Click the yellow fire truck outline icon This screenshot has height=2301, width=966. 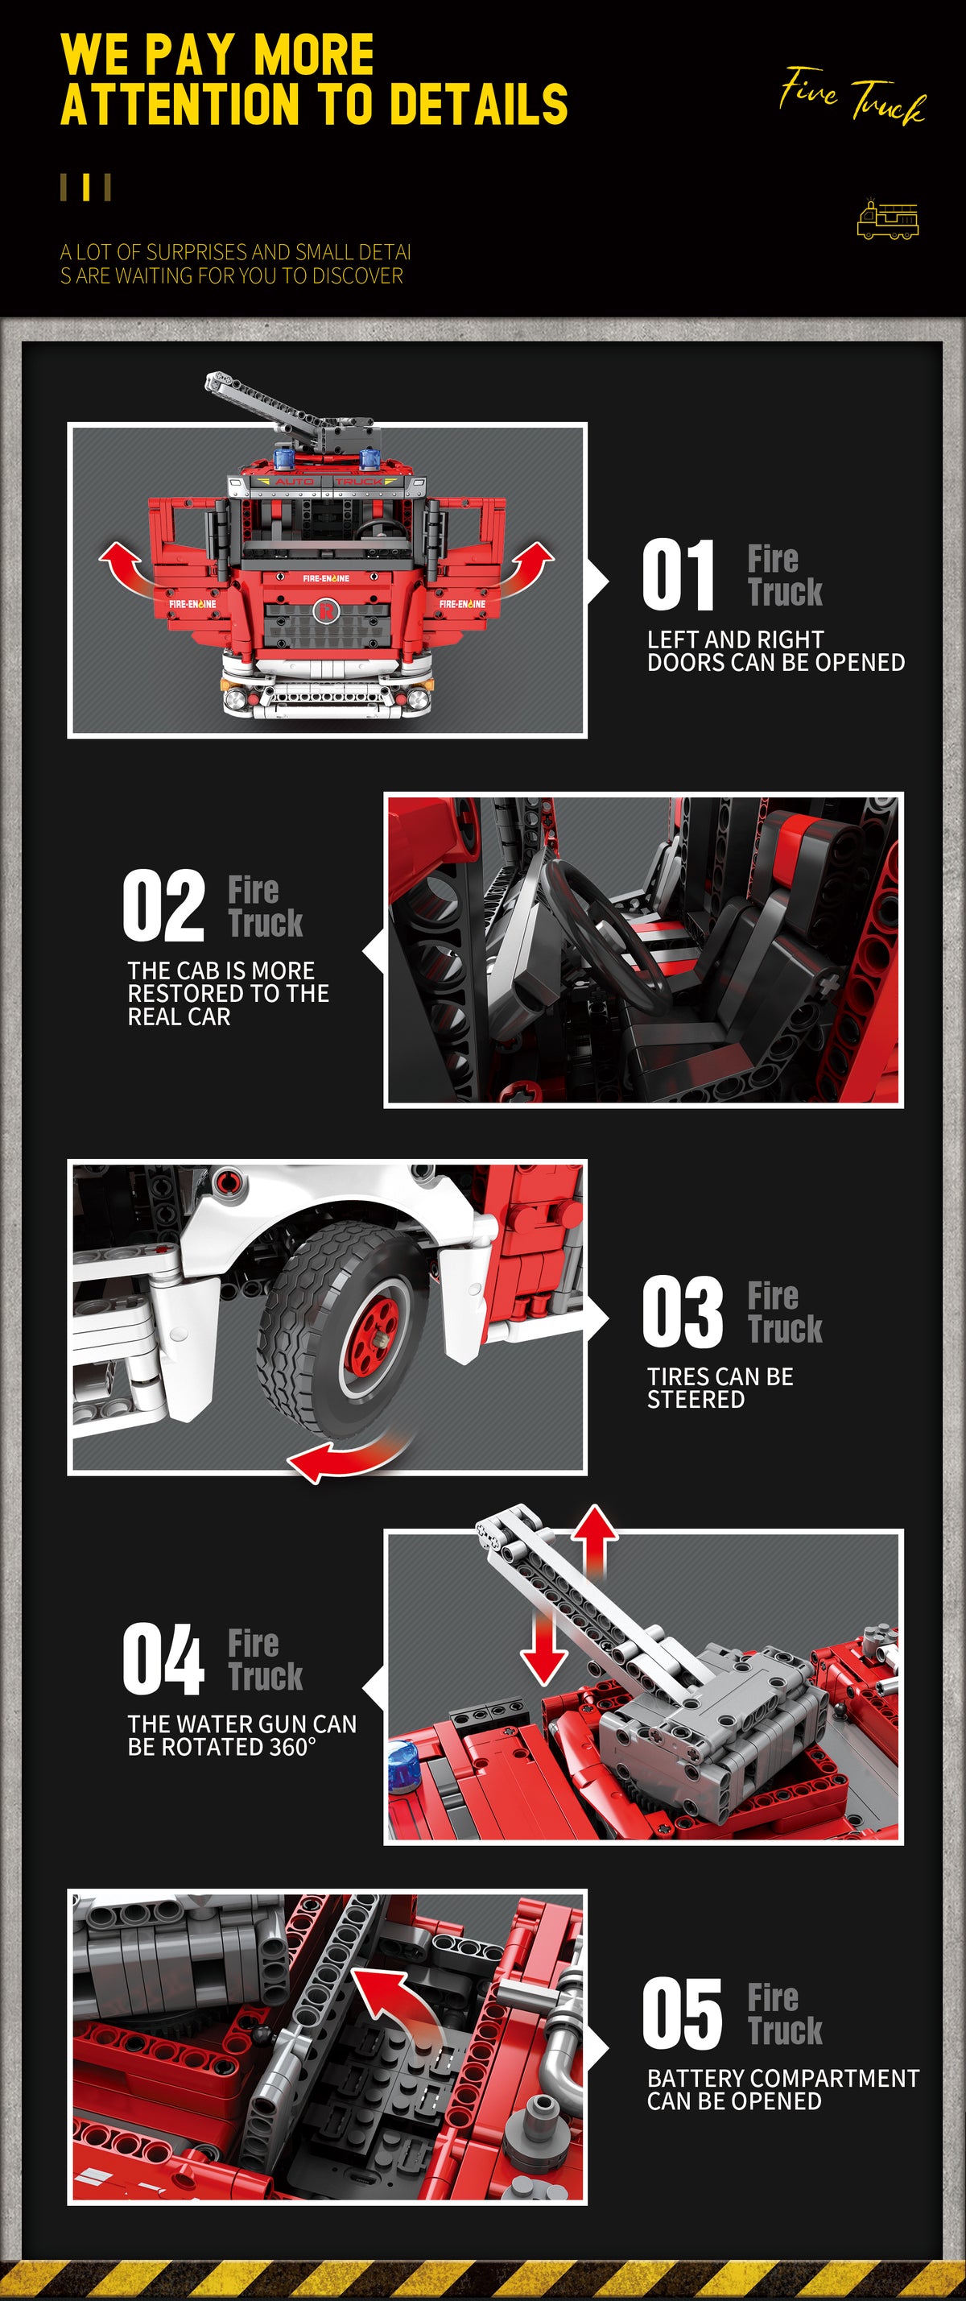coord(887,220)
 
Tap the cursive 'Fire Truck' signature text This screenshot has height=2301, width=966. coord(852,95)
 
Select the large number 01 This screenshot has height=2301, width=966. coord(679,574)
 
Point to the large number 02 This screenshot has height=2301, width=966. coord(163,905)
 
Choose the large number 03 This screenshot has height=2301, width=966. coord(683,1311)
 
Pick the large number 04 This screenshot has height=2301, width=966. coord(163,1659)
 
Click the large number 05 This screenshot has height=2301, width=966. coord(683,2013)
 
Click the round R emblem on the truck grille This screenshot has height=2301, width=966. coord(325,612)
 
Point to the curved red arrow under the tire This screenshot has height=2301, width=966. coord(344,1455)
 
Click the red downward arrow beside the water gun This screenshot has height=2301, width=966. coord(543,1645)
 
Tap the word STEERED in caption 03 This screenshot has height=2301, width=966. coord(696,1400)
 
